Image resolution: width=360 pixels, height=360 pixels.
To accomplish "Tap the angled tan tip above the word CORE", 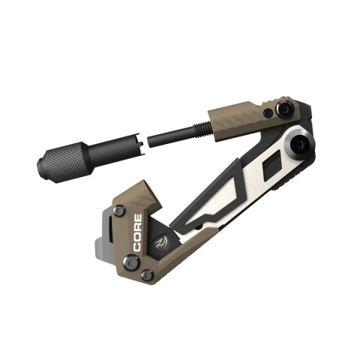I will point(151,194).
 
